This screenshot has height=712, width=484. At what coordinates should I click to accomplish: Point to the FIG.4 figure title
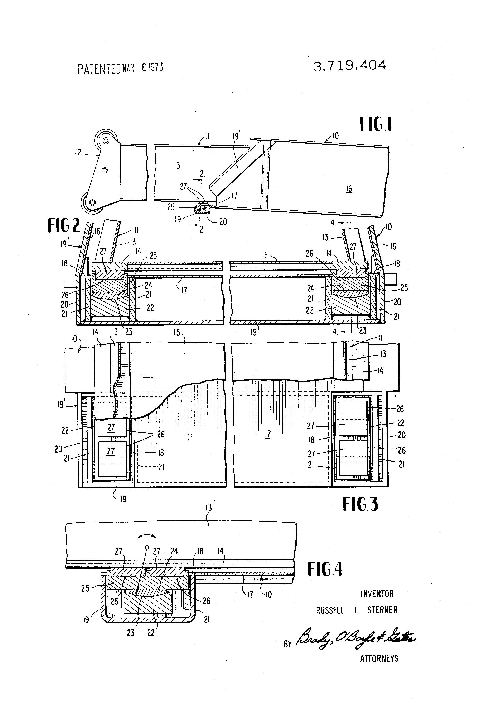325,570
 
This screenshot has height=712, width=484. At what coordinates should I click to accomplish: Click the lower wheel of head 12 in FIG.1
91,203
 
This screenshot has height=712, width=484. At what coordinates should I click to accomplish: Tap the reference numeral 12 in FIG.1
79,152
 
